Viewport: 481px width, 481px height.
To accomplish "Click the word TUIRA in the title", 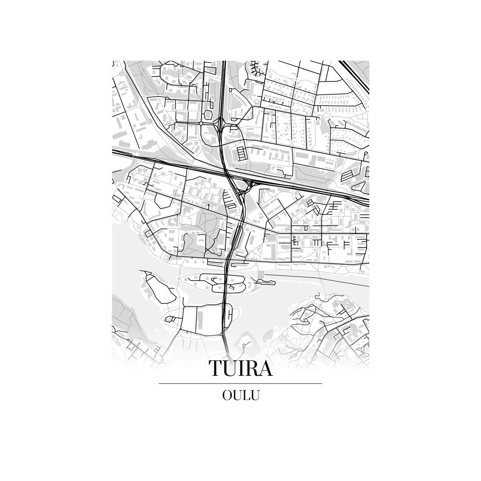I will [x=240, y=368].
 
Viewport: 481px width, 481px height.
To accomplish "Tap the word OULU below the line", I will [x=240, y=395].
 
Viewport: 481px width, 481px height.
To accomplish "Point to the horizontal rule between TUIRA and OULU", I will [x=240, y=384].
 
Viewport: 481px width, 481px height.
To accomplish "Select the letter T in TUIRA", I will [x=216, y=368].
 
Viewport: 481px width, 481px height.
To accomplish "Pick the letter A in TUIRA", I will [x=265, y=368].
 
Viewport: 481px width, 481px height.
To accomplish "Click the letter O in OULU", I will [x=227, y=395].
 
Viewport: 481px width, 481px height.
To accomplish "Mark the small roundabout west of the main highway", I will [x=201, y=124].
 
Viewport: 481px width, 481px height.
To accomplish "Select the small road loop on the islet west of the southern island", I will [x=171, y=319].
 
